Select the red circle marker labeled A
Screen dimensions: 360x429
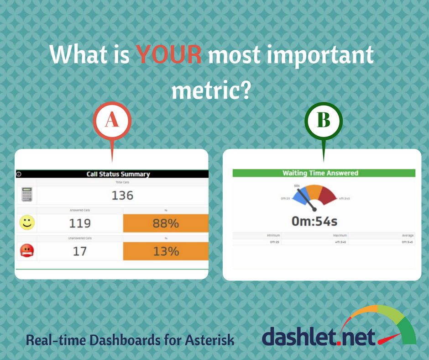(x=112, y=120)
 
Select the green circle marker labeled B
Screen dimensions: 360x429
(x=323, y=121)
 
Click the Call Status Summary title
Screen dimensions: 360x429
(x=118, y=174)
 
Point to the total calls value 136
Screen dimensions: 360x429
(x=122, y=196)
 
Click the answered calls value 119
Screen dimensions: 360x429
(x=80, y=223)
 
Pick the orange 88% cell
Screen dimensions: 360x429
(x=165, y=223)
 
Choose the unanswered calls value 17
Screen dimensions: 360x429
(x=80, y=251)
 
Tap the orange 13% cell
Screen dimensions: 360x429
(x=165, y=251)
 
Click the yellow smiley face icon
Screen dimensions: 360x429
(x=27, y=223)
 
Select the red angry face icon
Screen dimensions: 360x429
(x=27, y=250)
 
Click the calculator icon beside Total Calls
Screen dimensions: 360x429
(x=27, y=195)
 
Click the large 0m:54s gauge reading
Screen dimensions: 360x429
(x=314, y=222)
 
